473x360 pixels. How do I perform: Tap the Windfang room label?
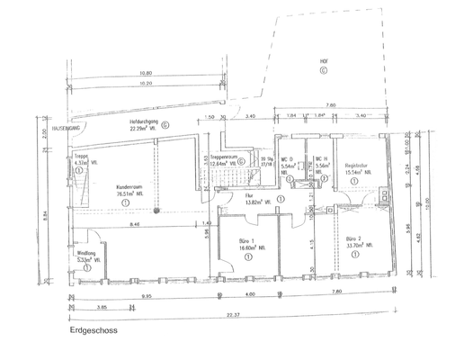coord(87,254)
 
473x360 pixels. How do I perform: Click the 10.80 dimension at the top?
coord(146,74)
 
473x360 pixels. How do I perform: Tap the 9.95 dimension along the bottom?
coord(145,293)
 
